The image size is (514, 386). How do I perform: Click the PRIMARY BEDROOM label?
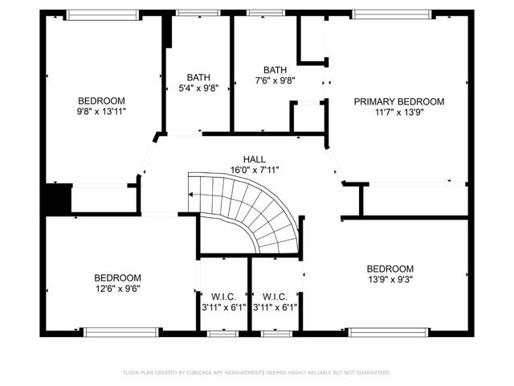[399, 101]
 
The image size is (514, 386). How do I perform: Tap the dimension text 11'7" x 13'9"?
[399, 113]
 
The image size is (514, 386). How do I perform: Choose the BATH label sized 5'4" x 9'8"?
[198, 77]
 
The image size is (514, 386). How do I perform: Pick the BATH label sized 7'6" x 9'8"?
[275, 70]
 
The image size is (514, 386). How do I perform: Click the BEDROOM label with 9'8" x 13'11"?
[100, 101]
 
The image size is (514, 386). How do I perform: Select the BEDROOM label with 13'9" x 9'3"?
[390, 269]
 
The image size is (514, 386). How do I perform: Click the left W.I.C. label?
[222, 295]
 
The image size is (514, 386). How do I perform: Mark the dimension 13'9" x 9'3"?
[390, 280]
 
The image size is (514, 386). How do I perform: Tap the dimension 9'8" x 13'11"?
[100, 113]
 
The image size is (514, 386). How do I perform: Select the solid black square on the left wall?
[57, 199]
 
